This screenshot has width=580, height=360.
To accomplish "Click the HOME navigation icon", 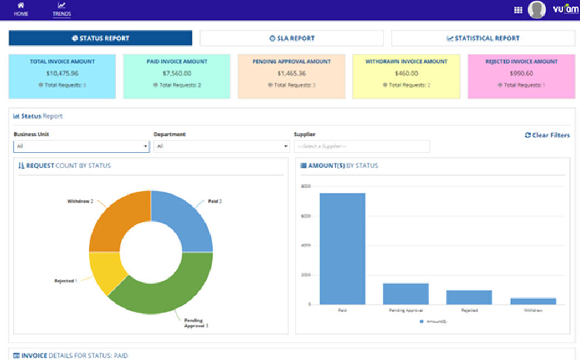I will pyautogui.click(x=21, y=6).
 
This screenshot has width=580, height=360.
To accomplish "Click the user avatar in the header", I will pyautogui.click(x=536, y=9).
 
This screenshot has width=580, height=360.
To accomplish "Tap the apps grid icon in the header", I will pyautogui.click(x=518, y=10).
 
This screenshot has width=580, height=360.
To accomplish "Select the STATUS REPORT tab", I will pyautogui.click(x=100, y=38).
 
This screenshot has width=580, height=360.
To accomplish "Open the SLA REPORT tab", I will pyautogui.click(x=291, y=38).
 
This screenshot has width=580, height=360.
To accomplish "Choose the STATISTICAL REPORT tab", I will pyautogui.click(x=483, y=38).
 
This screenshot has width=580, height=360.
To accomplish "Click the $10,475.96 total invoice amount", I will pyautogui.click(x=62, y=73).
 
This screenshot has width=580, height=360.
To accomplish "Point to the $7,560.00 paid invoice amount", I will pyautogui.click(x=177, y=73).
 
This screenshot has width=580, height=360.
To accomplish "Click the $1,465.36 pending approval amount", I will pyautogui.click(x=291, y=73).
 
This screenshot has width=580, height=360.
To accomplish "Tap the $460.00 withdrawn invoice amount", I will pyautogui.click(x=406, y=73).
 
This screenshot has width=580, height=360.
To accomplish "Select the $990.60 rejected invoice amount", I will pyautogui.click(x=521, y=73).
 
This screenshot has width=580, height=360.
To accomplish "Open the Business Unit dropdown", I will pyautogui.click(x=81, y=146).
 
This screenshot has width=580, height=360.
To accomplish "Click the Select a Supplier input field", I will pyautogui.click(x=362, y=146).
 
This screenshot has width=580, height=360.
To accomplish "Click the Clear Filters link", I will pyautogui.click(x=547, y=135).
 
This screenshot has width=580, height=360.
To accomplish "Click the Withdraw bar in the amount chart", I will pyautogui.click(x=532, y=301).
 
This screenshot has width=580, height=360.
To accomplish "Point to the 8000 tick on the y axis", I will pyautogui.click(x=305, y=187).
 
